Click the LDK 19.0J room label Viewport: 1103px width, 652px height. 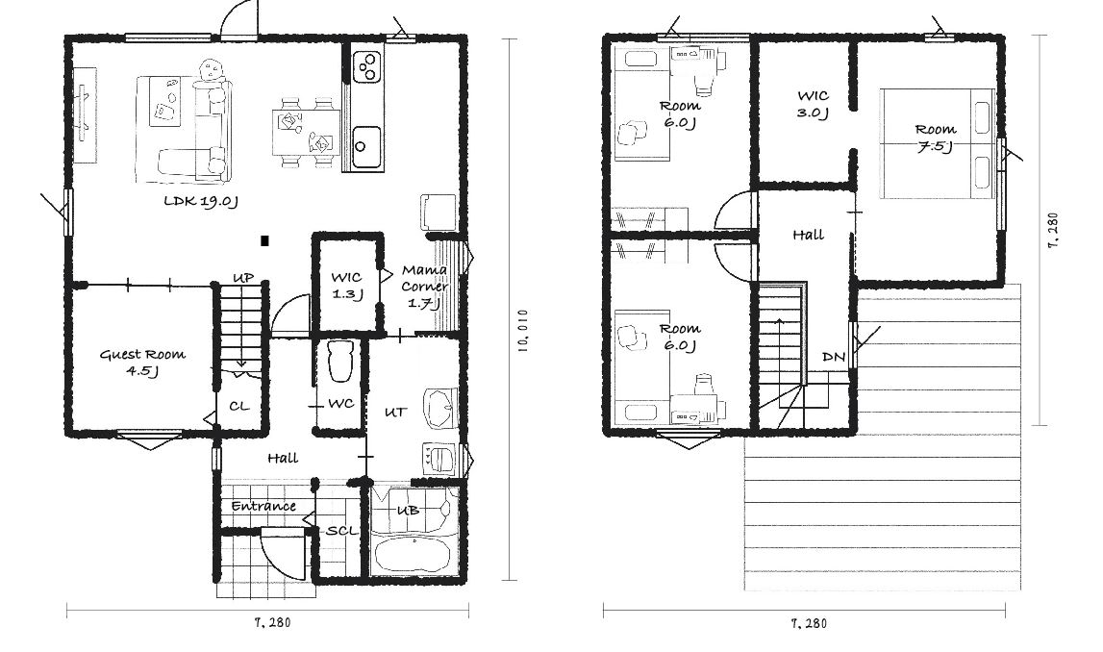click(x=201, y=202)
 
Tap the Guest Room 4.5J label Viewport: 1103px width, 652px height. click(x=142, y=363)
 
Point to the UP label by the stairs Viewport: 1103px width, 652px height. click(x=243, y=279)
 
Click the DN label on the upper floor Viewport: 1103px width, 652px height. click(x=834, y=358)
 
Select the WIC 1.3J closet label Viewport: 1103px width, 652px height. click(x=347, y=286)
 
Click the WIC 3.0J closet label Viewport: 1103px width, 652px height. click(x=813, y=104)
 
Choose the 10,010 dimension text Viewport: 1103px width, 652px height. click(x=522, y=330)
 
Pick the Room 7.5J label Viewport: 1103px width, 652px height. click(x=936, y=138)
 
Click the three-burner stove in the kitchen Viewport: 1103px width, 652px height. click(x=366, y=66)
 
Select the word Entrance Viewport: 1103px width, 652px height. click(x=263, y=507)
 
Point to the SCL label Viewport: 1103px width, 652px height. click(x=342, y=531)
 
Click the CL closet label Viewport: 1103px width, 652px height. click(x=239, y=407)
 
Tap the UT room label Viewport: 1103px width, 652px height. click(x=395, y=413)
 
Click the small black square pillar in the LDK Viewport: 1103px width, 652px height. click(x=264, y=241)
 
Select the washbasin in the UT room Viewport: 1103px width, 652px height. click(x=440, y=407)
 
